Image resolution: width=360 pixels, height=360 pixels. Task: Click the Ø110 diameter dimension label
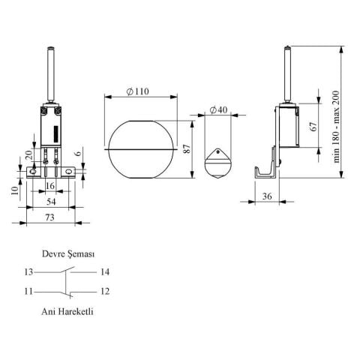tap(138, 91)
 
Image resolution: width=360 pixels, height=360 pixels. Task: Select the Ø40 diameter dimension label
tap(218, 109)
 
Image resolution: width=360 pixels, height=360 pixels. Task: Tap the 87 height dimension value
tap(187, 148)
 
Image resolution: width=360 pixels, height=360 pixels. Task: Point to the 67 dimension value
tap(313, 126)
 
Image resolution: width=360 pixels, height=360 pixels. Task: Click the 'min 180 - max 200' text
tap(337, 127)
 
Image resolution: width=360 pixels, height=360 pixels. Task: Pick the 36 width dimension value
tap(267, 196)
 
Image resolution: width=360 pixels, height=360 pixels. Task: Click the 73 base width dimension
tap(49, 217)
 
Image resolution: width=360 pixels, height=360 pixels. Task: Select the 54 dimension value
tap(51, 202)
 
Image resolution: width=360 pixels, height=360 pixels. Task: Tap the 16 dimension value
tap(50, 186)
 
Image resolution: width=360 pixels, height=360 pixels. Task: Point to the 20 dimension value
tap(28, 155)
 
